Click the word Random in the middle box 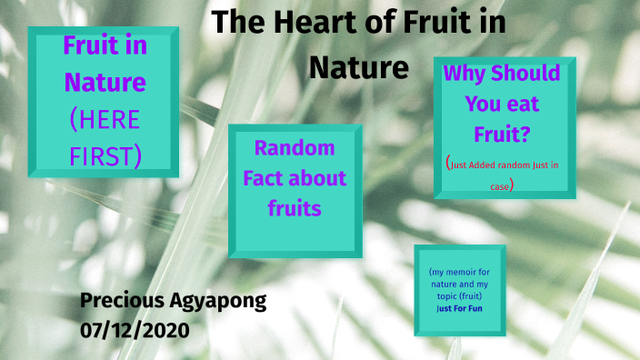[295, 147]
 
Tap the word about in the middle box [321, 177]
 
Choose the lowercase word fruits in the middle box [295, 208]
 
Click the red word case [501, 185]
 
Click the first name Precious [123, 302]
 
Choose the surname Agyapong [220, 302]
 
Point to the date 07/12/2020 [135, 329]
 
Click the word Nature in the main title [359, 66]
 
